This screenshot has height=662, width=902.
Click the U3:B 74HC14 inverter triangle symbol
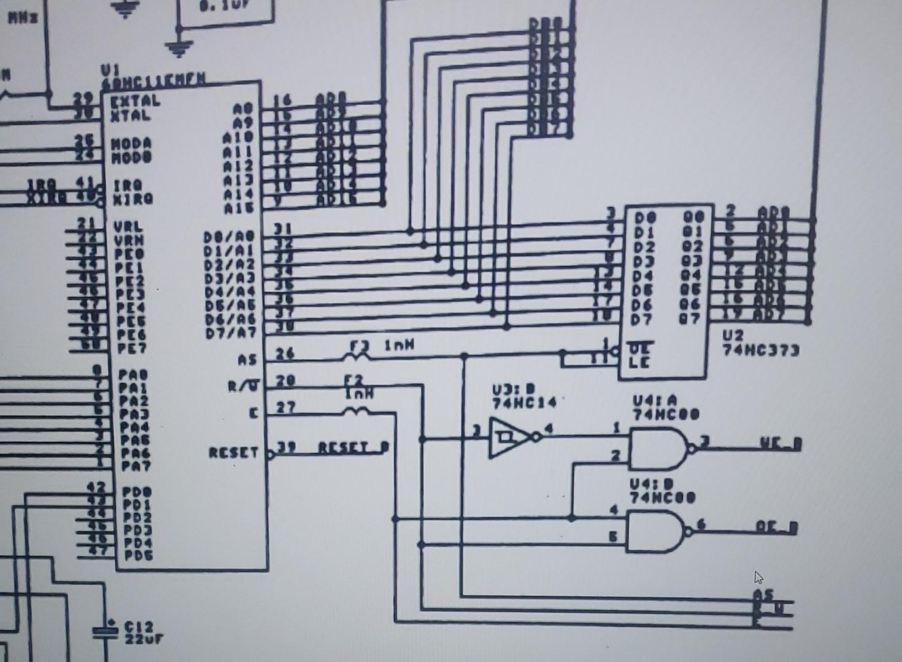509,438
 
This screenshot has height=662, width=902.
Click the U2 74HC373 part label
760,343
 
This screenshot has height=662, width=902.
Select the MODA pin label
131,143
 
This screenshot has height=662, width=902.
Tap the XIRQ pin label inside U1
133,199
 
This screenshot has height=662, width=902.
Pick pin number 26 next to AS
285,354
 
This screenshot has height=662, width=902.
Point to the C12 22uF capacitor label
142,632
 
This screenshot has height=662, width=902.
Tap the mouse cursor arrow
758,577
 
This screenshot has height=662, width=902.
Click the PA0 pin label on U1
133,374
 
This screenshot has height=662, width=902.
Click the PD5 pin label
138,555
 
